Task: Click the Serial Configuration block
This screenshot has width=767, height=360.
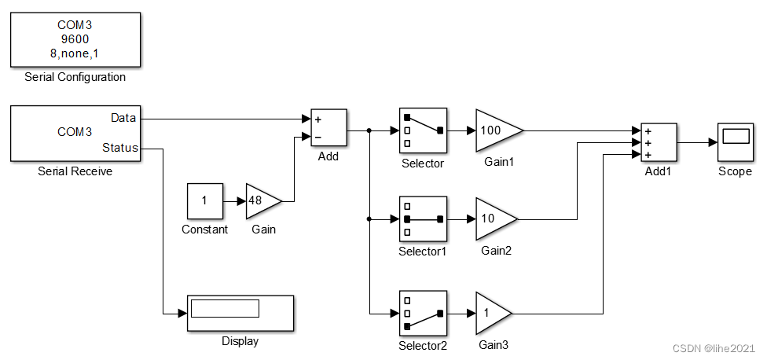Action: pos(75,40)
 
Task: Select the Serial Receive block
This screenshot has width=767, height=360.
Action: pos(75,133)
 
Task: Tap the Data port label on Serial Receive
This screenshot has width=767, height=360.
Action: pos(123,118)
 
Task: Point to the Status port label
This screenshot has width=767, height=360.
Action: pos(120,148)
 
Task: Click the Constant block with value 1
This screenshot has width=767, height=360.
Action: pos(204,201)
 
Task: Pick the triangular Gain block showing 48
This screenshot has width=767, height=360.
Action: pos(262,201)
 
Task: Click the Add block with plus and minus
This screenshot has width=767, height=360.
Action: pos(328,128)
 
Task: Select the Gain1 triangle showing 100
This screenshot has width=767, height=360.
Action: pos(496,130)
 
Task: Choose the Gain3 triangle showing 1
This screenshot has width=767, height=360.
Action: pos(491,313)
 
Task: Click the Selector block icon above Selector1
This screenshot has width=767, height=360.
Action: pos(423,130)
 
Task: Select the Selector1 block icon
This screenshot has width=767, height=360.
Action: pos(423,219)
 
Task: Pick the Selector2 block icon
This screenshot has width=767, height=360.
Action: pos(423,313)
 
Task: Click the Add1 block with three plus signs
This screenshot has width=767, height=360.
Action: pos(659,143)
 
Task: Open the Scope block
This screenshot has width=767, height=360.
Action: pos(735,142)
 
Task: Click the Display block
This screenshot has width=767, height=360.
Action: pos(240,314)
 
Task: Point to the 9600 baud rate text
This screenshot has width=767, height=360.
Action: pos(75,39)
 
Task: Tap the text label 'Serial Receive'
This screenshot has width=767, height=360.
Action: pos(75,171)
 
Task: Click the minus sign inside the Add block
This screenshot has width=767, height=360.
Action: pos(318,137)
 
